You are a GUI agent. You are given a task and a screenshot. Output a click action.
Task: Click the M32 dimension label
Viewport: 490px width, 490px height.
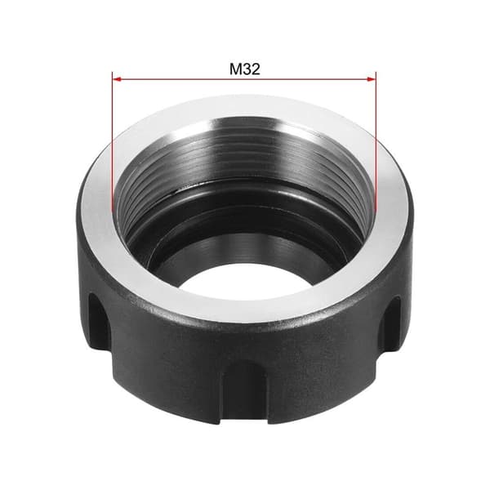coord(245,69)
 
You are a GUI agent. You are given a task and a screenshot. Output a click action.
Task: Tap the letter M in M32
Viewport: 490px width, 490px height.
coord(235,69)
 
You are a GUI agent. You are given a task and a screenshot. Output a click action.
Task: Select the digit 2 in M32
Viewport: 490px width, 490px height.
coord(256,69)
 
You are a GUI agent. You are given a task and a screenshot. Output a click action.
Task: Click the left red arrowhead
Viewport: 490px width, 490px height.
coord(117,79)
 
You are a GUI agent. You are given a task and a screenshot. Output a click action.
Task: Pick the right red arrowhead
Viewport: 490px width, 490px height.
coord(372,79)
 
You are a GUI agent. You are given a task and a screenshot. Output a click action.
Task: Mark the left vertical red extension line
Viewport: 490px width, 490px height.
coord(112,141)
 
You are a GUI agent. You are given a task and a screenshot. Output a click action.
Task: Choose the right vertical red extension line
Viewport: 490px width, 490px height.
coord(376,141)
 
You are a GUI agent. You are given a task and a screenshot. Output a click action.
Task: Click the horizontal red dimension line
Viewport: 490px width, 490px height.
coord(244,79)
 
